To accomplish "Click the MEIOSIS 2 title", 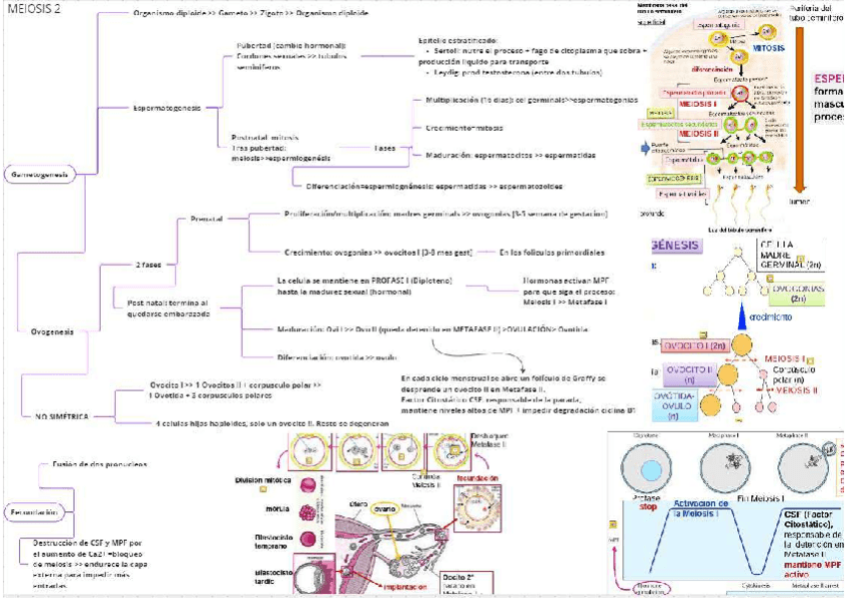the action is tap(34, 9).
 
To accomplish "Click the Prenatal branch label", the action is tap(206, 219).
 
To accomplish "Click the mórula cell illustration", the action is tap(312, 513).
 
